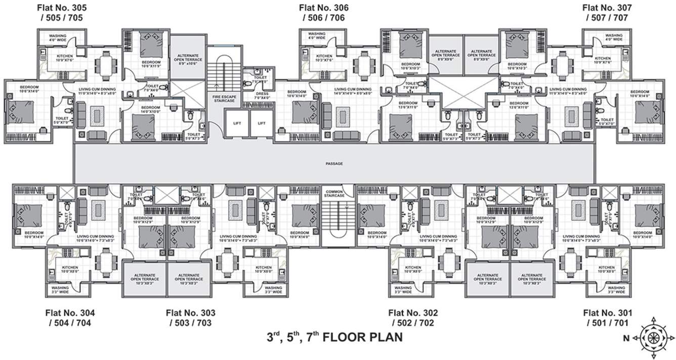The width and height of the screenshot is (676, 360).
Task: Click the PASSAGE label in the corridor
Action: (334, 164)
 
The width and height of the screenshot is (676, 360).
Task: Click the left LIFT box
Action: (237, 123)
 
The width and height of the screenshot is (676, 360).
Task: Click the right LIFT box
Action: (261, 123)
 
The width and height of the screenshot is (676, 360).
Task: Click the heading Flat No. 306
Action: (323, 8)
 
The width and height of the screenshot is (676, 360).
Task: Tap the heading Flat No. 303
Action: (190, 313)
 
